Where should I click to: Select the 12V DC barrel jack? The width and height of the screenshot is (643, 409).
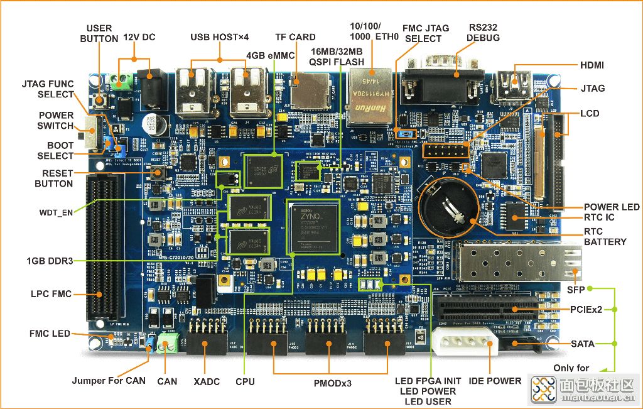coord(149,92)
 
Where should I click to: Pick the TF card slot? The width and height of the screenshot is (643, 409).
coord(309,86)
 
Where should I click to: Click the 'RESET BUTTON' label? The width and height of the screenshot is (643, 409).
coord(54,178)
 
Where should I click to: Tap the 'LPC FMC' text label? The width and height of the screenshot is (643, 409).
coord(51,294)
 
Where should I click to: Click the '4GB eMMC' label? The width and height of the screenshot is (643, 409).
coord(271,55)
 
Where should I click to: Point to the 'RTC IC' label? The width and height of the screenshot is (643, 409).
coord(600,217)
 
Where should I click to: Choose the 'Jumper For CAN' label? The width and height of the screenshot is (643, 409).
coord(109,380)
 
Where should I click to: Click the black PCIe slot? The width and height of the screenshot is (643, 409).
coord(487,307)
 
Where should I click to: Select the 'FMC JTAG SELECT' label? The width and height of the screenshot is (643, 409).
coord(426,33)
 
